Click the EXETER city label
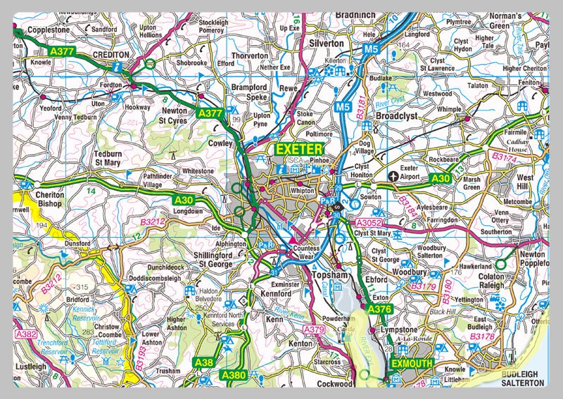298,150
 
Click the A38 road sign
203,362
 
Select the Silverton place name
326,43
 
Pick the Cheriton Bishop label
44,200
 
